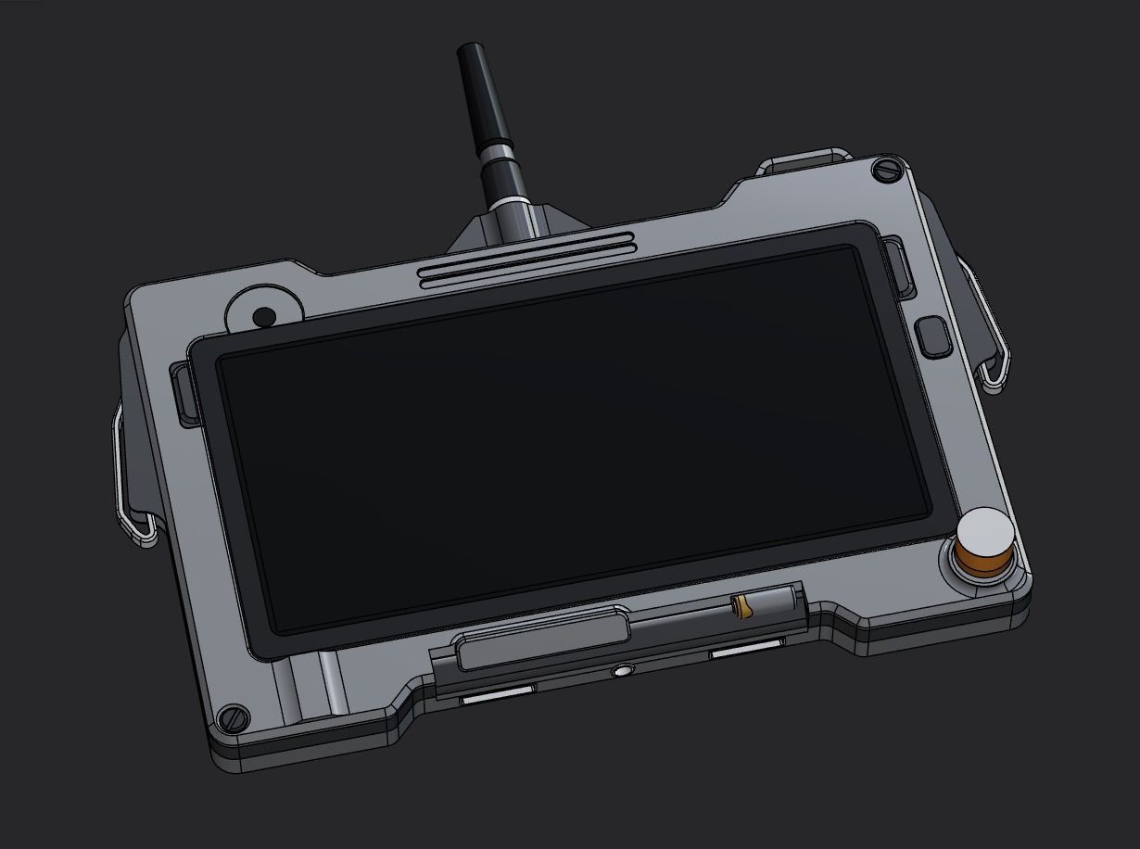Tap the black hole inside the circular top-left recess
(x=263, y=316)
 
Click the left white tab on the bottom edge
(x=499, y=695)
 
